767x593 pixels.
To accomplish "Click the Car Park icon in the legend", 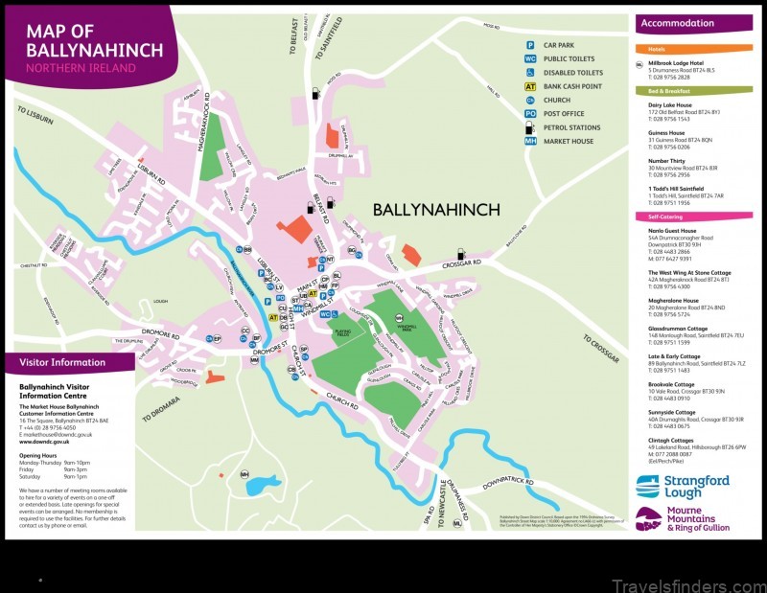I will (528, 45).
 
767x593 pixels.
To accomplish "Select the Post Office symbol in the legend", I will (528, 113).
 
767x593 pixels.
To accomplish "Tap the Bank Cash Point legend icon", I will (528, 86).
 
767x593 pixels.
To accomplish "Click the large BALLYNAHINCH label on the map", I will (435, 209).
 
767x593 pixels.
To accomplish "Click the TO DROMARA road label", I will (160, 409).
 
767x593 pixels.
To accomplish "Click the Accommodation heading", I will (678, 23).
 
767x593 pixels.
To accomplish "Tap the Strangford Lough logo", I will (683, 486).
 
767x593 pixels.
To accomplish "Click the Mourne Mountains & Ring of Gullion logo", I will (683, 519).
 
